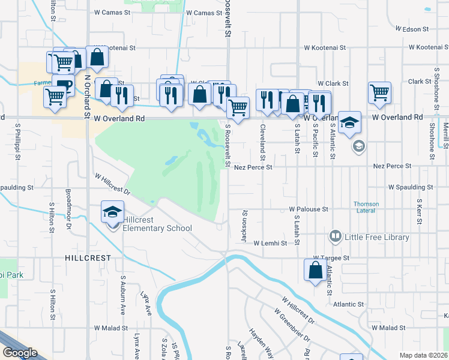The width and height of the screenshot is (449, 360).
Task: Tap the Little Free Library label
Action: point(377,237)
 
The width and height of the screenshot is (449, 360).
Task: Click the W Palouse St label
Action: point(308,209)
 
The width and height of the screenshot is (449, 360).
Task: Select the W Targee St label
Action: point(330,257)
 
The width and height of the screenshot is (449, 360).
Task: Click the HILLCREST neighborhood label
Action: point(88,257)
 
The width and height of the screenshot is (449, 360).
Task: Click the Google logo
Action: point(19,353)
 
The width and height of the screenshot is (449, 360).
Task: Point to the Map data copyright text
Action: point(423,355)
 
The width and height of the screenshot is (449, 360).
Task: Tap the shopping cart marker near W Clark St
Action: point(380,94)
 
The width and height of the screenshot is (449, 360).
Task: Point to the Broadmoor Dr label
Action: point(69,209)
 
